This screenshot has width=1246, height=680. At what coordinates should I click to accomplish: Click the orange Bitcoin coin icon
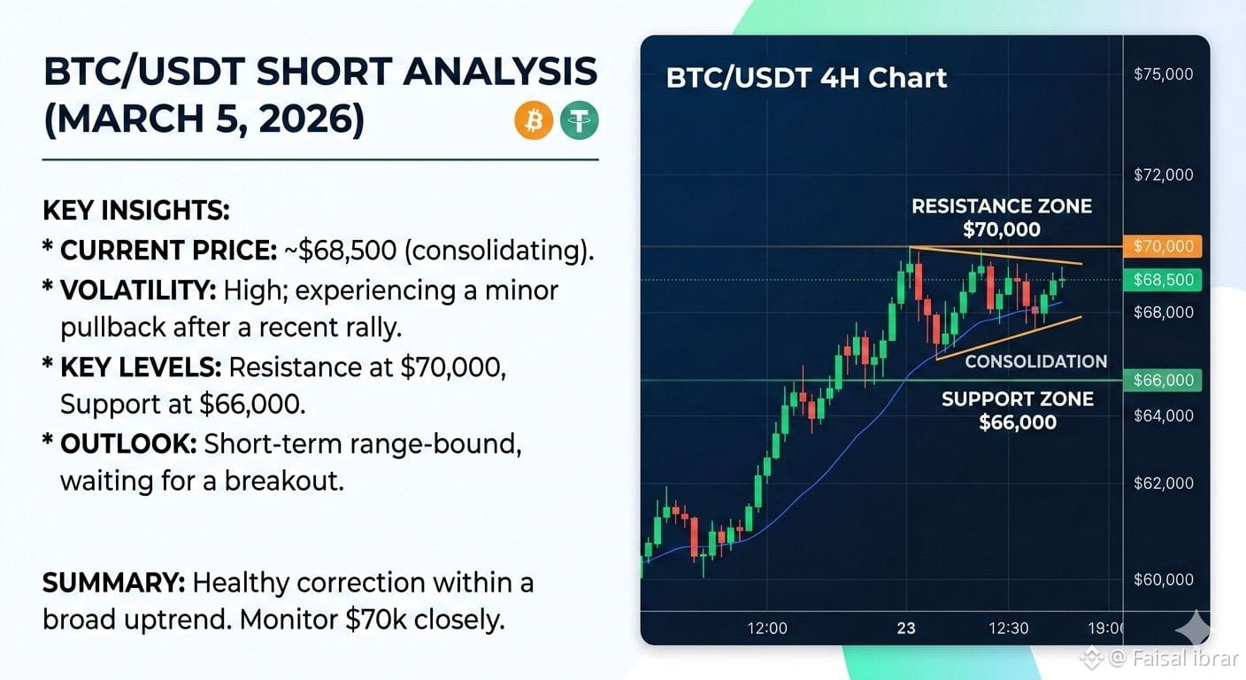(x=534, y=120)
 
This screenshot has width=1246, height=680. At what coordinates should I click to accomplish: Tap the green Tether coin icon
(x=579, y=120)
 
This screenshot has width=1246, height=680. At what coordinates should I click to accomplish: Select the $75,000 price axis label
(x=1163, y=74)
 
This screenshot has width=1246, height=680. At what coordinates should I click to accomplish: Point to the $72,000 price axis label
(x=1163, y=174)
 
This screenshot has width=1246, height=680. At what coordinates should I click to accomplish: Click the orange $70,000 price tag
(x=1163, y=246)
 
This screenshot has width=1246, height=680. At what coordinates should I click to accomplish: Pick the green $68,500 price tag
(x=1163, y=279)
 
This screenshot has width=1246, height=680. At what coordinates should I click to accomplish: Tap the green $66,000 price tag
(x=1163, y=380)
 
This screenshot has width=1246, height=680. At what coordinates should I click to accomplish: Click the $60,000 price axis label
(x=1163, y=579)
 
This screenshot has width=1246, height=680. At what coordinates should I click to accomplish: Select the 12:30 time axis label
(x=1008, y=629)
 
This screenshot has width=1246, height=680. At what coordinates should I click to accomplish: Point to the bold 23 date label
(x=906, y=629)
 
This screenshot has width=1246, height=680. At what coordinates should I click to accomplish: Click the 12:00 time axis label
(x=767, y=629)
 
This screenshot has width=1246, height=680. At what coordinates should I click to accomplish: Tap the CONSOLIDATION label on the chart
(x=1035, y=362)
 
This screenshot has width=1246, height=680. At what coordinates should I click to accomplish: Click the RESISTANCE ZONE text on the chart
(x=1002, y=206)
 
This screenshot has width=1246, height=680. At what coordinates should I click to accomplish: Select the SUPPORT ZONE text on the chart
(x=1018, y=399)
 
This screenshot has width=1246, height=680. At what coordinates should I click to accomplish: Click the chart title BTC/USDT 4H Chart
(x=806, y=77)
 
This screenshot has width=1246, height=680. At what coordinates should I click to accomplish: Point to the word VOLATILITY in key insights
(x=138, y=290)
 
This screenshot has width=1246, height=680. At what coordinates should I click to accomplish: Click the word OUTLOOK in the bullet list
(x=128, y=444)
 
